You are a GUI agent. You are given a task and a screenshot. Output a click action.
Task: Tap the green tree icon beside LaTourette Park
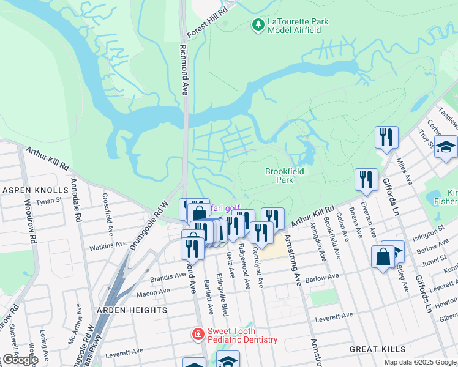tap(258, 24)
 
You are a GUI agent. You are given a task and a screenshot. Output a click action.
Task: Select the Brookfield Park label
tap(288, 176)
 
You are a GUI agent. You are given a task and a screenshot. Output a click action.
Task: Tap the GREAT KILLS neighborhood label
tap(374, 349)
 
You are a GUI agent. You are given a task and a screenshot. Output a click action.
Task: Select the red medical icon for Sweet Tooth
tap(198, 334)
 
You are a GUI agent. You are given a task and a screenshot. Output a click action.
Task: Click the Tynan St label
tap(50, 201)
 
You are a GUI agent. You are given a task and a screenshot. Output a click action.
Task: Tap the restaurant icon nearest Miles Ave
tap(386, 137)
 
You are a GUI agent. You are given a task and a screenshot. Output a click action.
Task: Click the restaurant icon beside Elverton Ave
tap(366, 179)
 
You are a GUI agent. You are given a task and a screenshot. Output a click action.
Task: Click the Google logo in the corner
tap(20, 359)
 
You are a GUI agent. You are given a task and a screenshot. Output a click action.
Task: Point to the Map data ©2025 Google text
tap(420, 362)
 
